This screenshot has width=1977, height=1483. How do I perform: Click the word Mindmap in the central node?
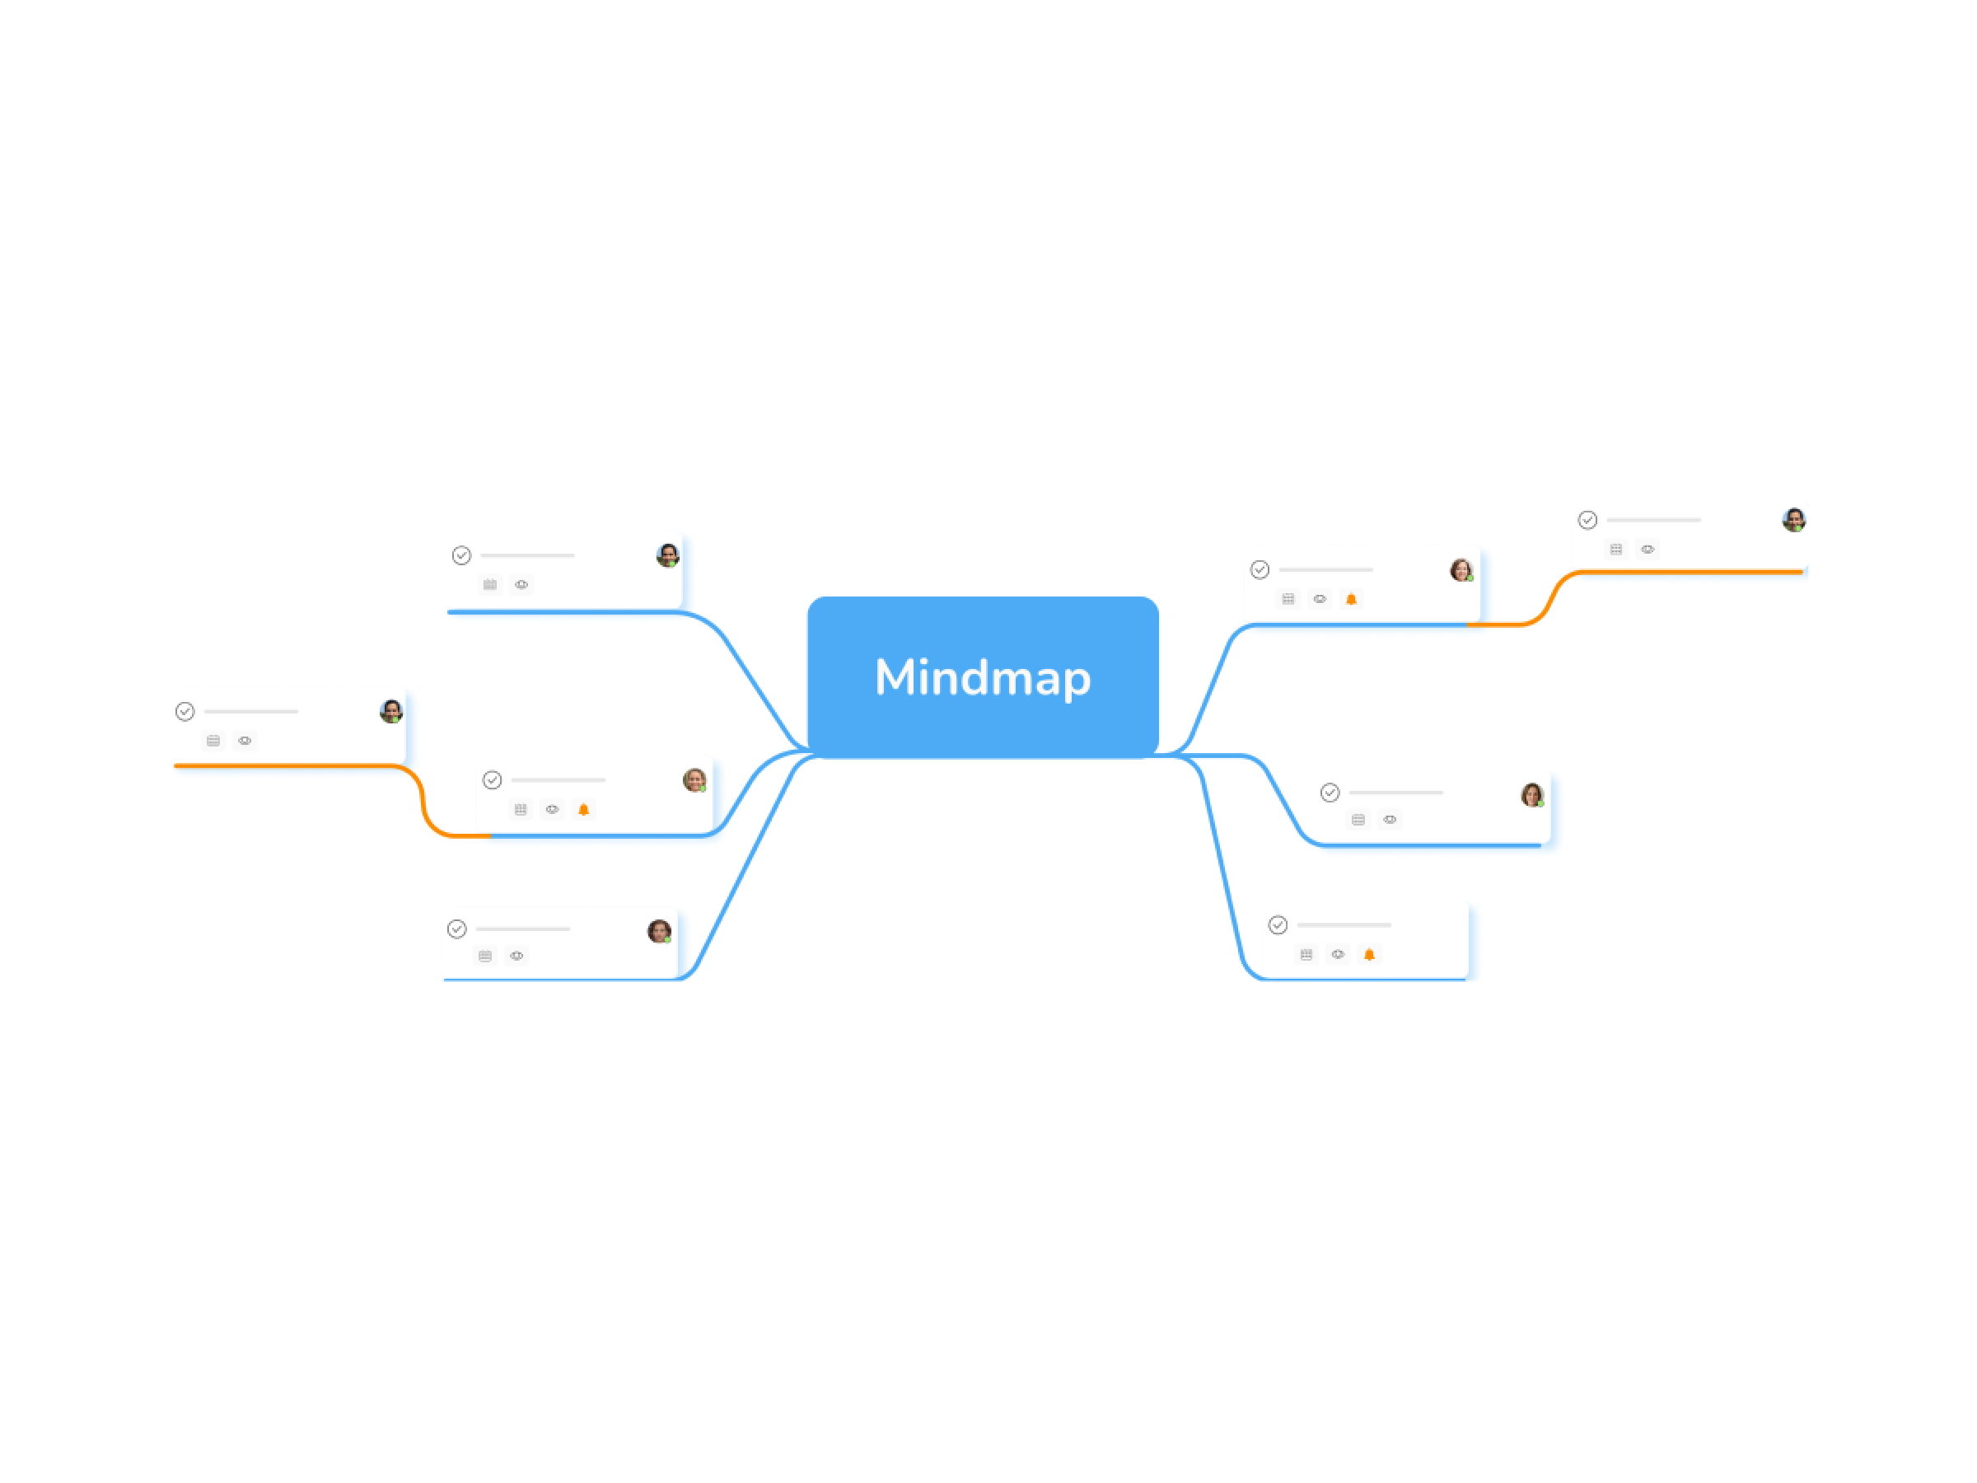click(x=982, y=676)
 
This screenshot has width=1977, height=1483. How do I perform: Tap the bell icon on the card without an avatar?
click(x=1368, y=955)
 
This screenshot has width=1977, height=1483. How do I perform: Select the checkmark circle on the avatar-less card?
click(x=1278, y=925)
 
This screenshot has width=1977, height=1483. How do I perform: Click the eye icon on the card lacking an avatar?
click(x=1337, y=955)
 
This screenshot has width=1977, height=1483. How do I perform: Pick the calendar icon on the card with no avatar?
click(x=1306, y=955)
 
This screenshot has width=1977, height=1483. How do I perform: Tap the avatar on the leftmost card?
click(x=390, y=712)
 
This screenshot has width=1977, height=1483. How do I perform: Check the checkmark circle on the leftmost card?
click(x=185, y=712)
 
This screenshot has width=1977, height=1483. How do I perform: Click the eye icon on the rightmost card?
click(x=1647, y=550)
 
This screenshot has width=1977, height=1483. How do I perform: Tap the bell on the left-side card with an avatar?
click(x=583, y=810)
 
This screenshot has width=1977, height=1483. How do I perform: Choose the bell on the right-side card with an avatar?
click(x=1352, y=600)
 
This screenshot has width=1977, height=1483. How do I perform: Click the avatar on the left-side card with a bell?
click(x=694, y=780)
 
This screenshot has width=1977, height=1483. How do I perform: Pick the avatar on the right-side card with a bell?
click(x=1461, y=570)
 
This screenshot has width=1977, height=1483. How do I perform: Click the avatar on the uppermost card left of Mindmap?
click(x=667, y=555)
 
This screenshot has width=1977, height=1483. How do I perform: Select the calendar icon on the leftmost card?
click(x=213, y=741)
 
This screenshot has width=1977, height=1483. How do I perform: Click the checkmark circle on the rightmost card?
click(x=1587, y=520)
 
